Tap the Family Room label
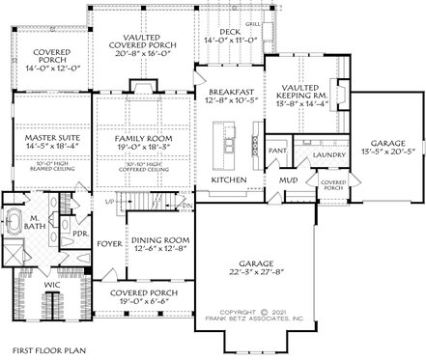[x=143, y=139]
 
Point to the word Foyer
[x=109, y=244]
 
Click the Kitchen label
[x=229, y=180]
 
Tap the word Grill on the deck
[x=254, y=21]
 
